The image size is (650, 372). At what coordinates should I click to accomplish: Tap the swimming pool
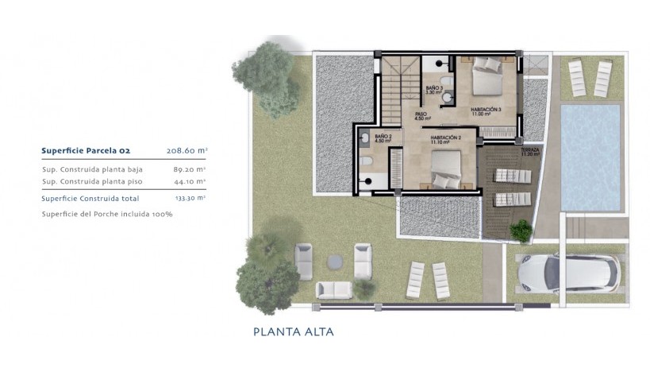pyautogui.click(x=590, y=157)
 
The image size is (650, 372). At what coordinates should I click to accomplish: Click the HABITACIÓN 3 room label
pyautogui.click(x=486, y=111)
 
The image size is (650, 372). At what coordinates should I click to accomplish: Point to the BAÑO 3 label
pyautogui.click(x=433, y=90)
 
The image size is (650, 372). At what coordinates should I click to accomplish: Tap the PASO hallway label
pyautogui.click(x=421, y=117)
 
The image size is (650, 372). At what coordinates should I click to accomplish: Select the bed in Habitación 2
pyautogui.click(x=448, y=168)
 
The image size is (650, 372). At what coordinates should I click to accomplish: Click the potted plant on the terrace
pyautogui.click(x=521, y=231)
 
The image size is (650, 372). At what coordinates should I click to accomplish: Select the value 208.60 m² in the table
pyautogui.click(x=187, y=149)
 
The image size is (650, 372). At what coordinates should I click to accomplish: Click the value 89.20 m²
pyautogui.click(x=190, y=169)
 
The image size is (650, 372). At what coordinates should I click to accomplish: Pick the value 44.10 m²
pyautogui.click(x=190, y=181)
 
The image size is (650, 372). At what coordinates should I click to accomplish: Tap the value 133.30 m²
pyautogui.click(x=190, y=198)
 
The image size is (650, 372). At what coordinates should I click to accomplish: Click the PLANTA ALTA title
pyautogui.click(x=293, y=331)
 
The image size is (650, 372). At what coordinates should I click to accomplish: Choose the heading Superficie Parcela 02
pyautogui.click(x=85, y=149)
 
